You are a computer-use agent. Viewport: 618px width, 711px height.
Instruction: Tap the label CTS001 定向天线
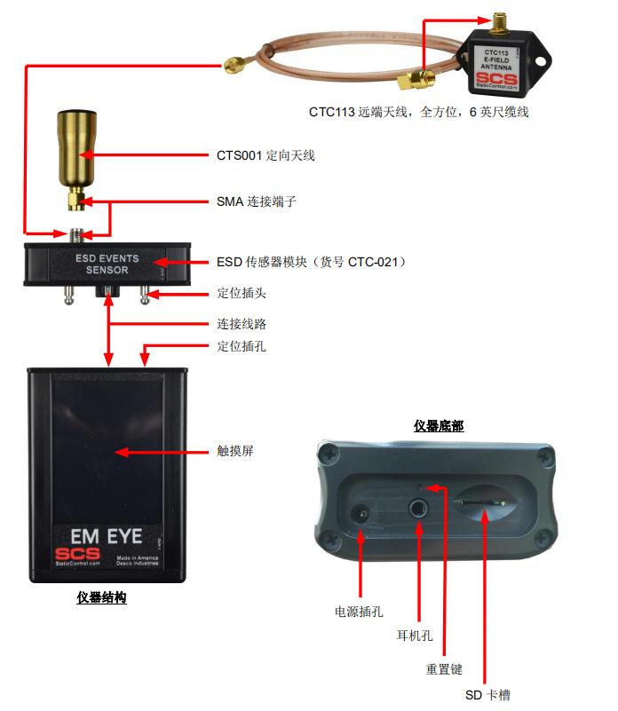(x=265, y=156)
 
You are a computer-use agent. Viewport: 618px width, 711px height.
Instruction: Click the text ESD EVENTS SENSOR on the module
(x=107, y=264)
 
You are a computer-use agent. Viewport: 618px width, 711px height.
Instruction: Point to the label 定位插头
(x=241, y=293)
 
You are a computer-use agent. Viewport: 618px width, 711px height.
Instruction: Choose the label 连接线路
(x=241, y=324)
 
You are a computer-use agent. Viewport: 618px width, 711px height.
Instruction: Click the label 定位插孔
(x=241, y=346)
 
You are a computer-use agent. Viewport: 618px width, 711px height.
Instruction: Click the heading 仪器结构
(x=101, y=598)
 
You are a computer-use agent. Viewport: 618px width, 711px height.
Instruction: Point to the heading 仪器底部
(x=439, y=426)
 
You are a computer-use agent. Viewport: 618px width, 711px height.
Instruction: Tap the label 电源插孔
(x=358, y=612)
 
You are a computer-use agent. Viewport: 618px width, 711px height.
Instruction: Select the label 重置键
(x=444, y=669)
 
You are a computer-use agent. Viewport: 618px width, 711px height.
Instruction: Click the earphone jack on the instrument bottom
(x=419, y=510)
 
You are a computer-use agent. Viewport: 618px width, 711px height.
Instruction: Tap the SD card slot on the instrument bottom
(x=480, y=507)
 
